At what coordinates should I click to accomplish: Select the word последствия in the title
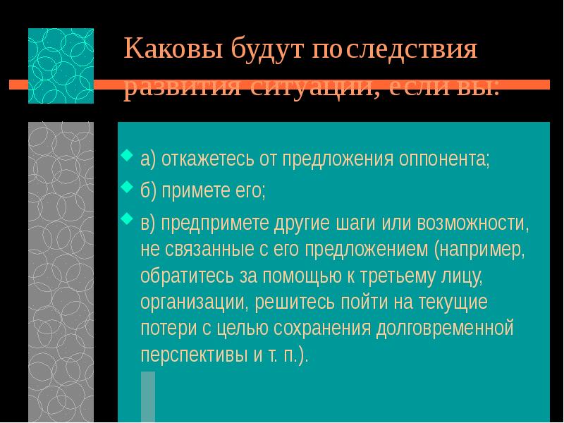click(396, 50)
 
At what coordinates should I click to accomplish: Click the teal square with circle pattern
click(61, 66)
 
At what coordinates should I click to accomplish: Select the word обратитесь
click(185, 276)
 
